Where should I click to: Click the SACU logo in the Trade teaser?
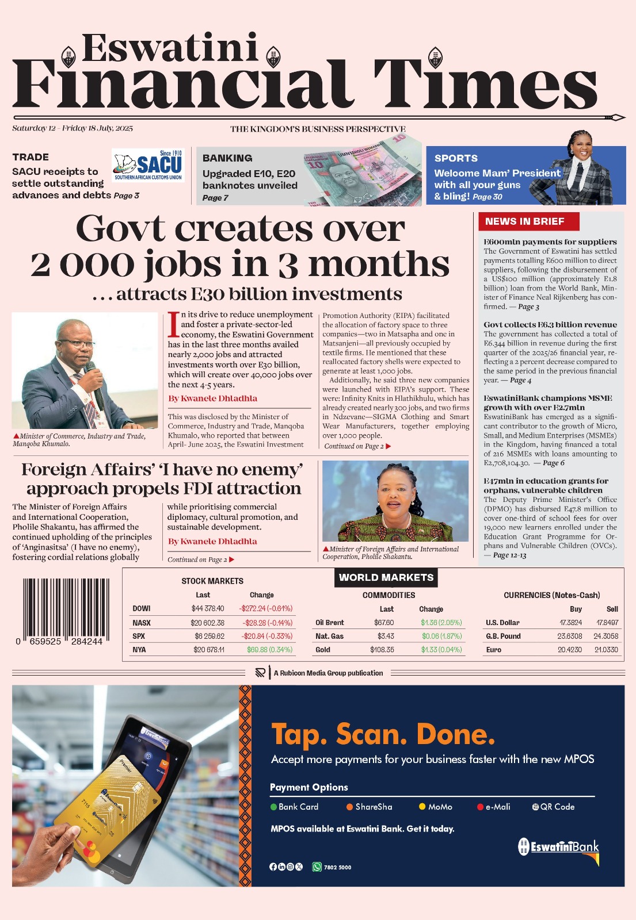pos(147,166)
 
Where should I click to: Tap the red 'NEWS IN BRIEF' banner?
pos(525,221)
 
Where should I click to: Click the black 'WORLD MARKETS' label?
pos(386,577)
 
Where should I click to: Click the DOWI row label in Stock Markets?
pos(142,608)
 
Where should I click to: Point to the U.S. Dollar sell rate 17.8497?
pos(607,623)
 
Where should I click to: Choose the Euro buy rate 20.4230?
pos(569,650)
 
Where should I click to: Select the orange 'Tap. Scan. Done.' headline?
pos(383,734)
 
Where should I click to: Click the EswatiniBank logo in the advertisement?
pos(559,847)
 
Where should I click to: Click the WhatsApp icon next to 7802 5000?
pos(317,867)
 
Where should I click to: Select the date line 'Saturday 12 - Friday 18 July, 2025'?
pos(73,128)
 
